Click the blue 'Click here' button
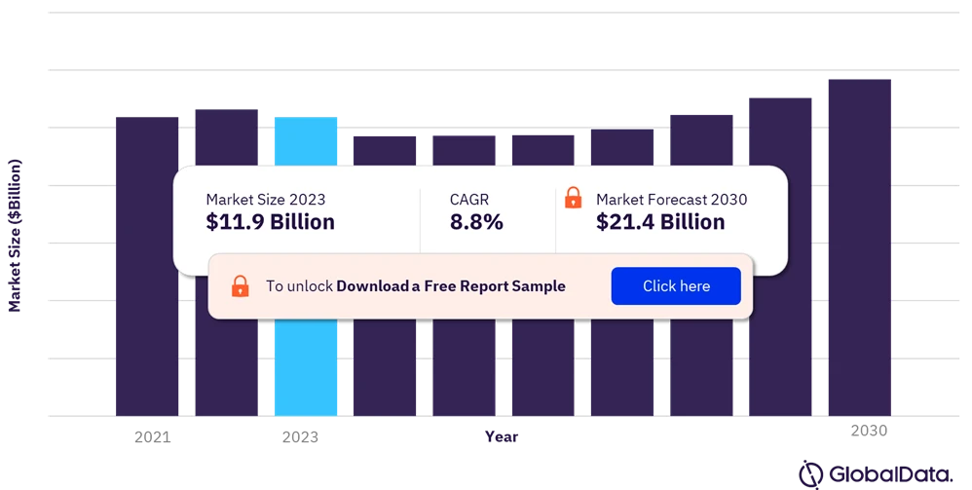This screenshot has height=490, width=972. (x=676, y=286)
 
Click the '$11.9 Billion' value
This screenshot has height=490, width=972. (x=270, y=222)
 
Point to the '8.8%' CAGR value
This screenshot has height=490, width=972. (x=476, y=222)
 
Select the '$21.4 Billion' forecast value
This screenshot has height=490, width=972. (x=660, y=222)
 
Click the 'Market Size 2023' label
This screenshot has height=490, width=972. (x=266, y=200)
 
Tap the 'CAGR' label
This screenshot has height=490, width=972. (x=469, y=200)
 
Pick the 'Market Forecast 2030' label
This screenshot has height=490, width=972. (x=671, y=200)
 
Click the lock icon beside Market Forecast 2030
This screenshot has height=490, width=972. (x=574, y=198)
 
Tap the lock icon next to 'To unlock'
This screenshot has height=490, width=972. (x=240, y=286)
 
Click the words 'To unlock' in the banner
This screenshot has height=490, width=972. (x=299, y=286)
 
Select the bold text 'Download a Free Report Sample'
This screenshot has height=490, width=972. (x=451, y=286)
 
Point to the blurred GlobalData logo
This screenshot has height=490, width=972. (x=875, y=474)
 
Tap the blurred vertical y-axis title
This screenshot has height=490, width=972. (x=15, y=234)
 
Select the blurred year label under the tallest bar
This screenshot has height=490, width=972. (x=868, y=428)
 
